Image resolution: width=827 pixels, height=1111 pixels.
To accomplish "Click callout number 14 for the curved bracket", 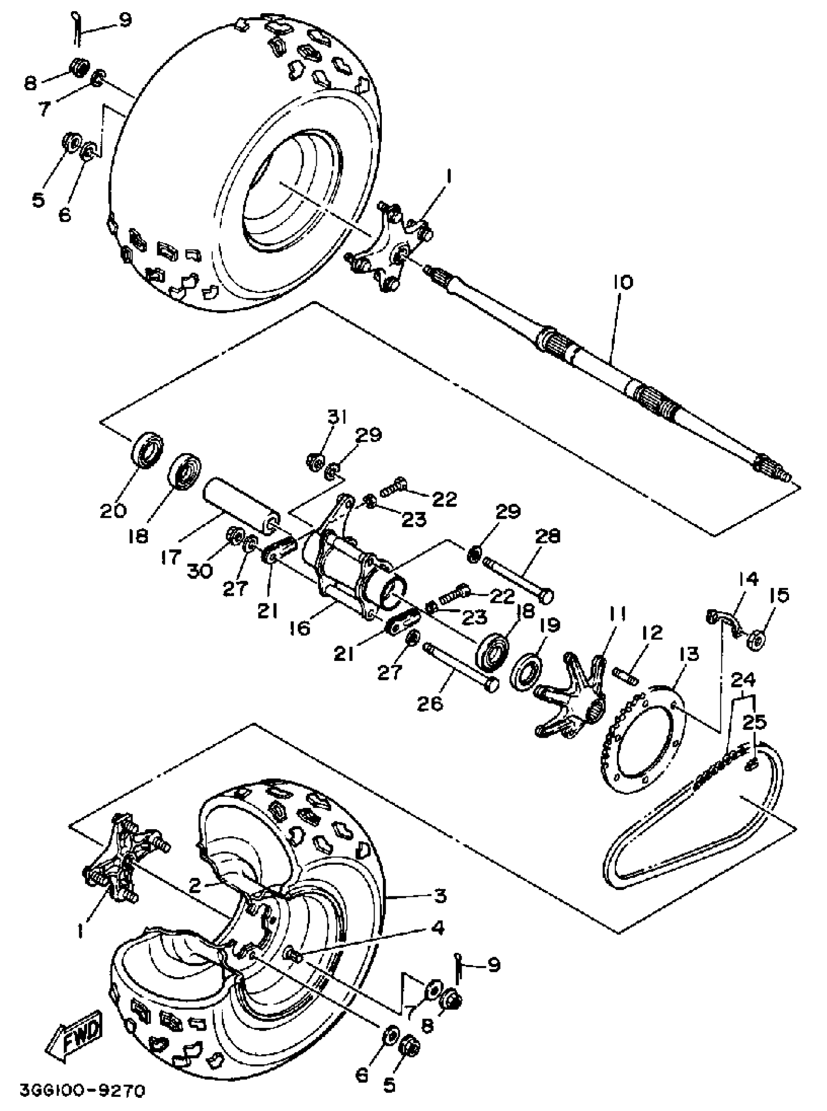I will coord(746,579).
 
